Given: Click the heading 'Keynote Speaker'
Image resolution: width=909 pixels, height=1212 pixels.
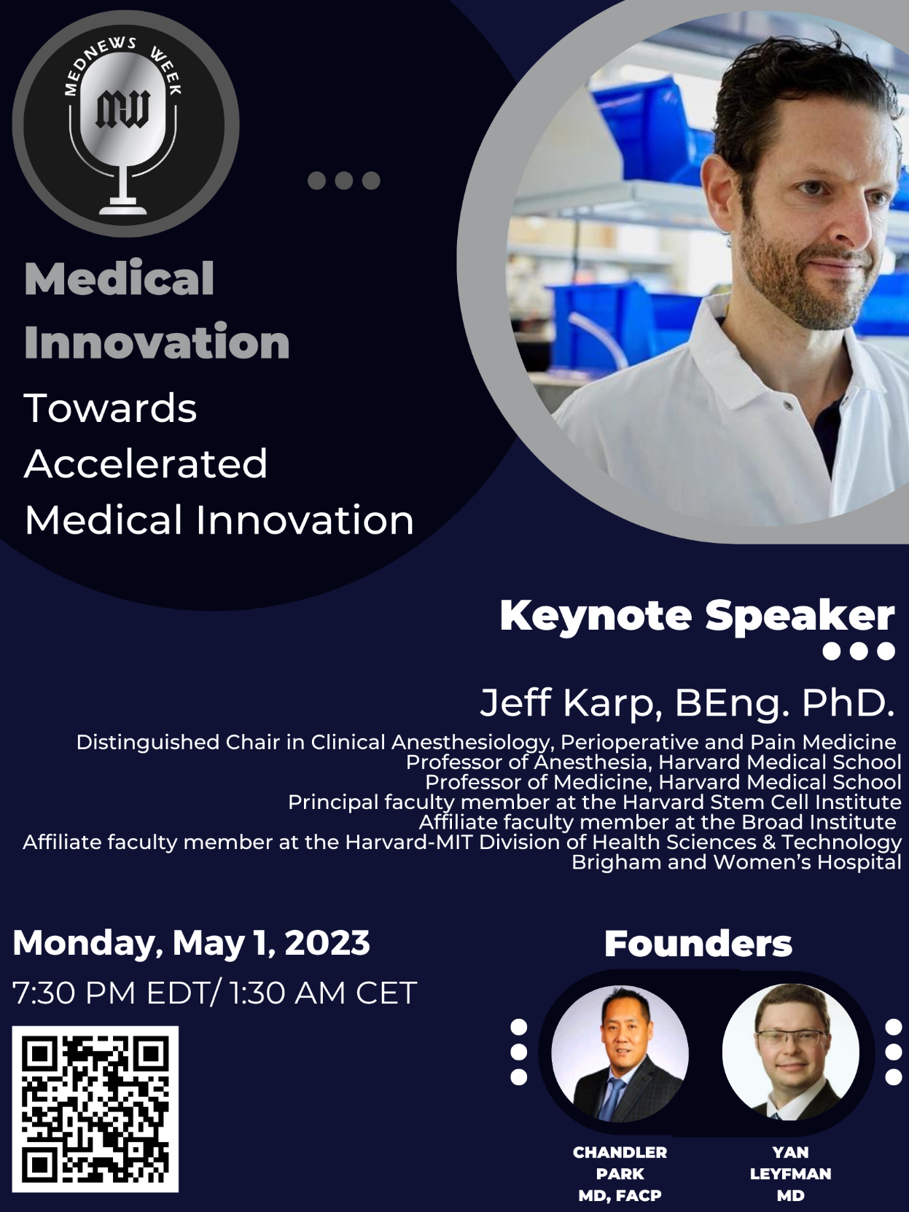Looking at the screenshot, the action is [x=697, y=617].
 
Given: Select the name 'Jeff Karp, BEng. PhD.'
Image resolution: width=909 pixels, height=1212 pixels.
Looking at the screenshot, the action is [x=687, y=703].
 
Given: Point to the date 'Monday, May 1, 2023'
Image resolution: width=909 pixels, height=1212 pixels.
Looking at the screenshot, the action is [x=191, y=942].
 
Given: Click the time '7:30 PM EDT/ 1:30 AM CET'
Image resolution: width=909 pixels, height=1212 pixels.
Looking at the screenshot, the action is [x=214, y=993].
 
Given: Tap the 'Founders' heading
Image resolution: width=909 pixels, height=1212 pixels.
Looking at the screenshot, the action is [x=698, y=944].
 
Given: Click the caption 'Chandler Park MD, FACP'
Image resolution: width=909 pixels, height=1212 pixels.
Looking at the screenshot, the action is [x=620, y=1173].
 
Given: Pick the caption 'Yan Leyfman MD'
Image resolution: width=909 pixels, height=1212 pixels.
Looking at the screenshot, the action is [x=790, y=1173].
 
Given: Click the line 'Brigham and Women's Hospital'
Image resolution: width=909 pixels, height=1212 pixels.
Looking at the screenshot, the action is [x=736, y=862].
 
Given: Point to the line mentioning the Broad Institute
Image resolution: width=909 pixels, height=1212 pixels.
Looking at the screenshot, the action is [x=658, y=822].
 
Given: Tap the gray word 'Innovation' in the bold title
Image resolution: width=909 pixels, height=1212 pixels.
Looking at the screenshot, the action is [x=157, y=342].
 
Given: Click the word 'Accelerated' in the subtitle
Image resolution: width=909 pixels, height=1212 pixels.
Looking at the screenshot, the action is [x=146, y=464].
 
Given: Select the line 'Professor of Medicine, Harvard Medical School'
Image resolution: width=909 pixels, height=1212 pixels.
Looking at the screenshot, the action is [x=663, y=782].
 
